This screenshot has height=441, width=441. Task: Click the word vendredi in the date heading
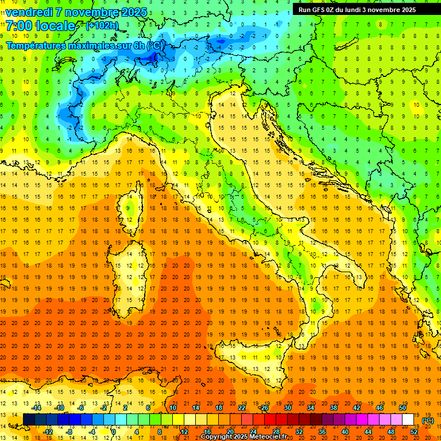point(30,11)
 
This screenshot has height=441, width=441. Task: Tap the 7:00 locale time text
point(40,26)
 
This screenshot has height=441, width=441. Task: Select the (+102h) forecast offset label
point(102,25)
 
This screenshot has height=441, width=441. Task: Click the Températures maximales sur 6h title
point(83,45)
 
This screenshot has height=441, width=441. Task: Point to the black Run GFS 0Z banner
point(362,9)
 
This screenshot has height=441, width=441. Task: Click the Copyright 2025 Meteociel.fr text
point(247,436)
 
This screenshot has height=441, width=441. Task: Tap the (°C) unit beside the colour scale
point(428,420)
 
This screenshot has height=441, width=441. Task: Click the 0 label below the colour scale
point(114,432)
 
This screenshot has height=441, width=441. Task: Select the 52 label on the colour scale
point(413,432)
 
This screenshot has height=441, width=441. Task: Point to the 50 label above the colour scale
point(403,408)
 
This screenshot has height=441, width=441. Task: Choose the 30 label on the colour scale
point(287,408)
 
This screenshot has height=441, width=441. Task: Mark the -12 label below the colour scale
point(48,432)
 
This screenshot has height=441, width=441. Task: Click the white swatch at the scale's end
point(408,420)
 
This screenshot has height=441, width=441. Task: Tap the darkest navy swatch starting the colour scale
point(29,420)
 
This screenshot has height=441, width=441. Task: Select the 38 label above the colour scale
point(333,408)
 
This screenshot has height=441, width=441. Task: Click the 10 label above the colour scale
point(173,408)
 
